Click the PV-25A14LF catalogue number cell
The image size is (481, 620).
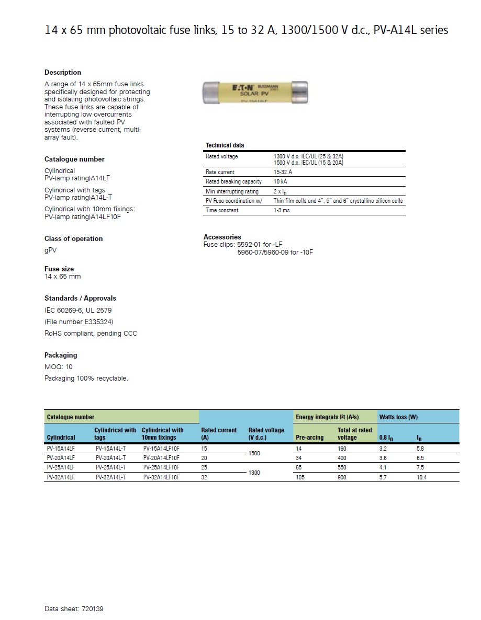[x=61, y=467]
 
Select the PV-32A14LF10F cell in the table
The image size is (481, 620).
[x=161, y=477]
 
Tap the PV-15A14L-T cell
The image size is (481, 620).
[x=110, y=449]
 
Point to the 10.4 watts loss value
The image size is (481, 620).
[x=421, y=477]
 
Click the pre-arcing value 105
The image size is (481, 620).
[x=301, y=477]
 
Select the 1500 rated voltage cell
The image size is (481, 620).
[x=254, y=453]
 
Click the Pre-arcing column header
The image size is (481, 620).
[x=310, y=437]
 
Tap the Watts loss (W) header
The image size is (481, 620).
[x=398, y=417]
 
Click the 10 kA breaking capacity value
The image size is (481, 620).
[x=280, y=181]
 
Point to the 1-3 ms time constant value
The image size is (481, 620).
[x=282, y=210]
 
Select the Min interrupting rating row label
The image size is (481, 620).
[x=232, y=191]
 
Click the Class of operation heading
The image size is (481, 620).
[x=73, y=238]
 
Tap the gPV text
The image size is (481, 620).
[x=51, y=250]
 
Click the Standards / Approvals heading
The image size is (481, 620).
[x=80, y=298]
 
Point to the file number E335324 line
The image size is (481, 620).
[x=79, y=322]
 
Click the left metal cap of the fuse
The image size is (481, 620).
[x=212, y=93]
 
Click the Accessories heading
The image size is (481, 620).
[x=222, y=237]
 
